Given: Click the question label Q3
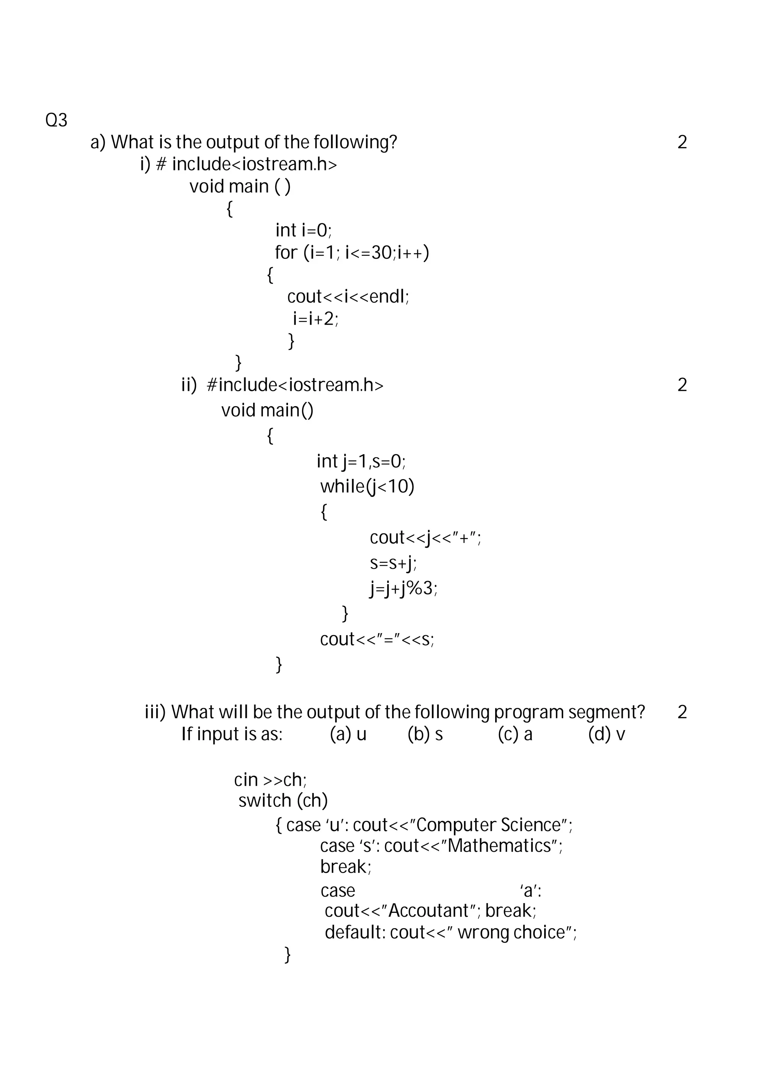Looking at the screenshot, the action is (x=56, y=121).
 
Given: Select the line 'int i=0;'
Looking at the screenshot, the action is (x=303, y=231).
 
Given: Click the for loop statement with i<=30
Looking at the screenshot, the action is (x=352, y=253).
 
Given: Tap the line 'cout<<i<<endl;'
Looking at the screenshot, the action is (x=348, y=297).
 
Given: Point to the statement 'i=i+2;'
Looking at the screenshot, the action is (x=315, y=319).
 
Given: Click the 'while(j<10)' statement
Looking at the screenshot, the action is (x=367, y=486).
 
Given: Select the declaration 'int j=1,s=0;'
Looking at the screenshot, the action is (x=361, y=461).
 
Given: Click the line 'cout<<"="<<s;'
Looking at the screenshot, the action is (x=377, y=639).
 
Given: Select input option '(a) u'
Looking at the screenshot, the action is (x=348, y=734).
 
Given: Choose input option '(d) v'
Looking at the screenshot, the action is (x=606, y=734).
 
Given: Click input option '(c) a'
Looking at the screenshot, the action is (x=515, y=734).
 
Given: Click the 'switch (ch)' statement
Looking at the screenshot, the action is (x=283, y=800).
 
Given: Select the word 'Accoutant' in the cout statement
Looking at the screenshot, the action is (x=428, y=911).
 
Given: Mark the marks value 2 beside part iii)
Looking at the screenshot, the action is (x=682, y=712).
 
